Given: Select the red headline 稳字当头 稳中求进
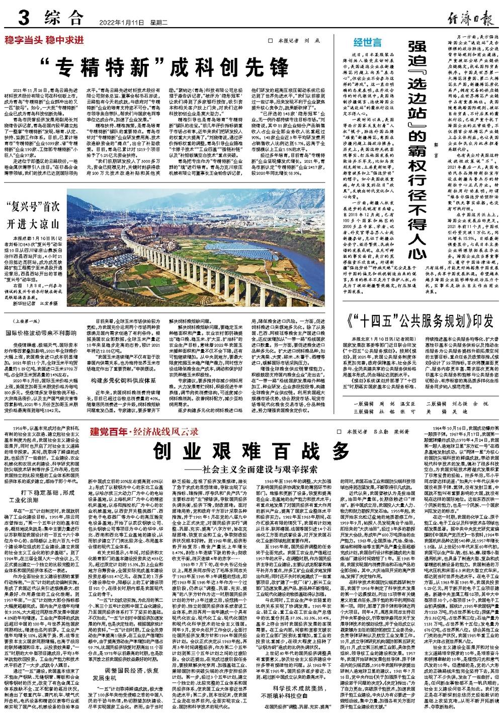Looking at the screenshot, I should coord(45,41).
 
